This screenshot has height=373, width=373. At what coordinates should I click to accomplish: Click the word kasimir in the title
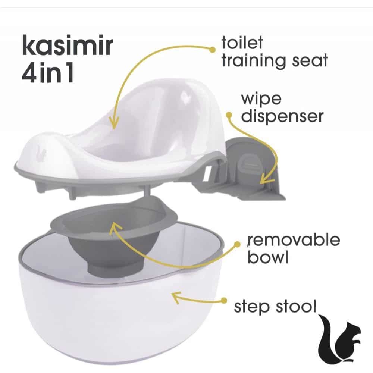[67, 46]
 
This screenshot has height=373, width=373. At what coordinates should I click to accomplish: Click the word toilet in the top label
[242, 43]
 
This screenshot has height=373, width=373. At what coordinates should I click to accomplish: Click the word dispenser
[282, 116]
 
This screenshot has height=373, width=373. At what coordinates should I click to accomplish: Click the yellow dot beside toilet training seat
[212, 50]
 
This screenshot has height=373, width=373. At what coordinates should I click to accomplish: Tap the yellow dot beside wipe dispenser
[229, 115]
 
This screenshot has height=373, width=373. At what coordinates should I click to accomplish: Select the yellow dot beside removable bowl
[237, 244]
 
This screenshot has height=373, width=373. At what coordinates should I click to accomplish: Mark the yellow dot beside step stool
[223, 301]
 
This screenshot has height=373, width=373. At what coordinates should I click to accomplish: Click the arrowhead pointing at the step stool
[176, 297]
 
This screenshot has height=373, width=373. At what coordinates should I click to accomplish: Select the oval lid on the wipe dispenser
[249, 164]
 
